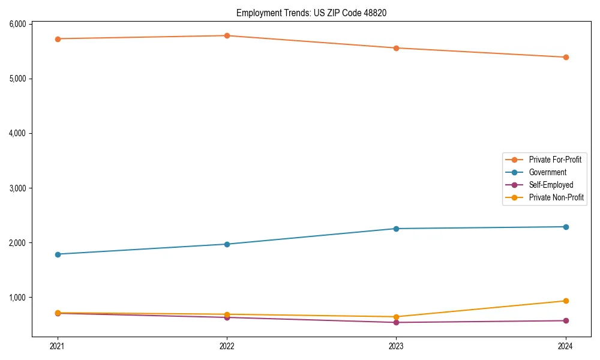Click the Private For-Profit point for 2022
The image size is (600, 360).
click(x=227, y=35)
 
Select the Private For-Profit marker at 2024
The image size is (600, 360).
click(x=566, y=57)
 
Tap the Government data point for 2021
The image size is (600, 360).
click(x=58, y=254)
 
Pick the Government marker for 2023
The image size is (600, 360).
click(x=396, y=229)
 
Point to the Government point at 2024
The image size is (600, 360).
click(x=566, y=227)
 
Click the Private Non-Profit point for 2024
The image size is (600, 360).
click(x=566, y=301)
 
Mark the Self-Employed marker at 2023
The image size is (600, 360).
click(x=396, y=322)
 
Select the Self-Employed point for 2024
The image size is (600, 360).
click(x=566, y=320)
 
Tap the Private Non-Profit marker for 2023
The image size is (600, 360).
click(x=396, y=317)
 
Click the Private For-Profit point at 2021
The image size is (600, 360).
click(x=58, y=39)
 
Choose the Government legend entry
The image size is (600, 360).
click(x=547, y=172)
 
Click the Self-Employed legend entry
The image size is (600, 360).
click(x=551, y=185)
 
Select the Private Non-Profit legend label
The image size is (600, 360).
click(x=556, y=197)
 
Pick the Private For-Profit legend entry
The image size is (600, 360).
click(x=555, y=160)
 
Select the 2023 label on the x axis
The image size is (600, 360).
click(x=396, y=346)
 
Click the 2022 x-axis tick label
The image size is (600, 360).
click(x=227, y=346)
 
